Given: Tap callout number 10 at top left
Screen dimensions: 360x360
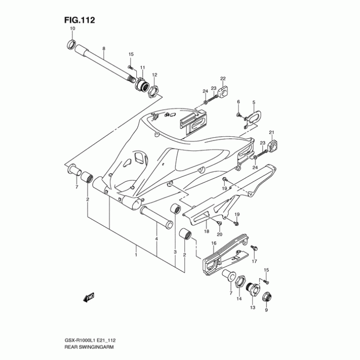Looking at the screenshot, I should (x=72, y=29).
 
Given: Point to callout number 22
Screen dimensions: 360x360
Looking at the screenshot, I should (x=223, y=79).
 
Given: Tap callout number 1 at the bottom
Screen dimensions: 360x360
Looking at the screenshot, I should (x=136, y=255).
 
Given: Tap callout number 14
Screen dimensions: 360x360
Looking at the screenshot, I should (x=239, y=299).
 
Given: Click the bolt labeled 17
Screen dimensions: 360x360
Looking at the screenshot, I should (x=253, y=248).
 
